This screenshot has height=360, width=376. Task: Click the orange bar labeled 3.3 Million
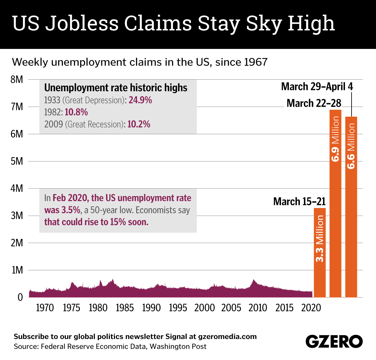(x=320, y=252)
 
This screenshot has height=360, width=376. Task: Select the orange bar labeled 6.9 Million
(x=335, y=204)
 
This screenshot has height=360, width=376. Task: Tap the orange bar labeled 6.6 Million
(x=351, y=207)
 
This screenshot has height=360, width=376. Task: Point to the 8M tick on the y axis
(x=17, y=80)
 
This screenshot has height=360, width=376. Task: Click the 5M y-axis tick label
(x=17, y=161)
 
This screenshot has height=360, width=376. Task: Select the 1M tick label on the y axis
(x=17, y=270)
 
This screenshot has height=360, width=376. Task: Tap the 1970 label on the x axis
(x=45, y=308)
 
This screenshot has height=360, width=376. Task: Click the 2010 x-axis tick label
(x=258, y=308)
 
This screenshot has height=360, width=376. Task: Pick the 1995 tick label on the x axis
(x=178, y=308)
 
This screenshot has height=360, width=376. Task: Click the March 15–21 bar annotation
(x=299, y=201)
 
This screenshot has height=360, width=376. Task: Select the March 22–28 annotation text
(x=314, y=103)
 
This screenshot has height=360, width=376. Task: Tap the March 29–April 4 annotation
(x=317, y=87)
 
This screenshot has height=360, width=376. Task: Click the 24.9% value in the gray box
(x=140, y=100)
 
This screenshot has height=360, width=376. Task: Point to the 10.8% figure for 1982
(x=76, y=112)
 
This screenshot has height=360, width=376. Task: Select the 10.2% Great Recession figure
(x=139, y=124)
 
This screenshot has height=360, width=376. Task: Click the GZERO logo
(x=334, y=341)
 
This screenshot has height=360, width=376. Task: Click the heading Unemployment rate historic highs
(x=116, y=87)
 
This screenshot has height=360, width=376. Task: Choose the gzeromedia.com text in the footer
(x=227, y=337)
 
